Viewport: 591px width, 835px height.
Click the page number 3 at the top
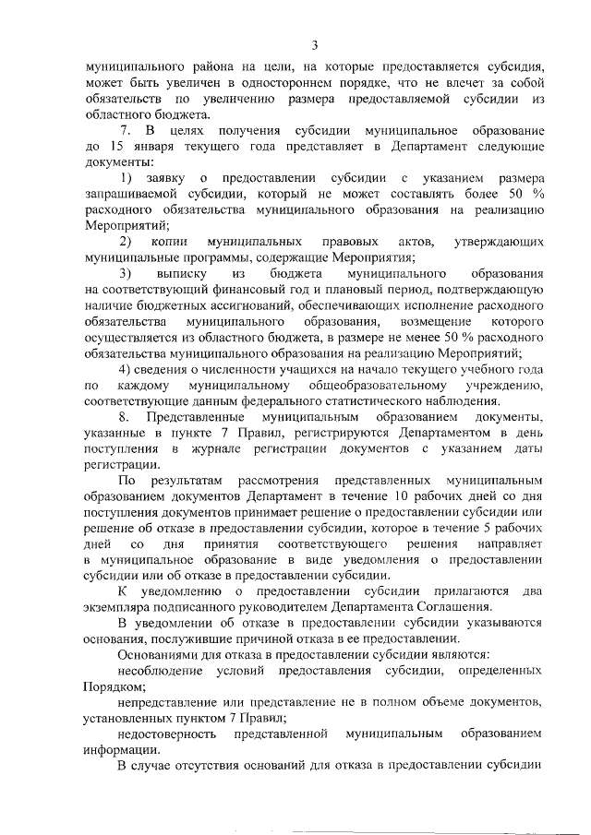[x=314, y=45]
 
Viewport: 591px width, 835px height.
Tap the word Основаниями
[x=165, y=655]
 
